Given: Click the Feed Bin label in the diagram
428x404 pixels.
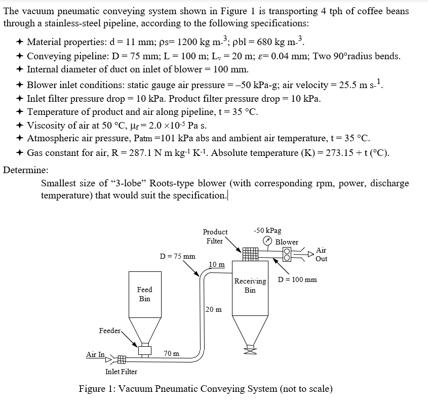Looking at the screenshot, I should coord(144,294).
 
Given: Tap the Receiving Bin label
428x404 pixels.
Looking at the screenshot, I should coord(250,286).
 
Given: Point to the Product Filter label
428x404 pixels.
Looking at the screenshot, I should coord(215,236).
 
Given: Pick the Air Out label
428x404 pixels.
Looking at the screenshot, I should coord(321,254).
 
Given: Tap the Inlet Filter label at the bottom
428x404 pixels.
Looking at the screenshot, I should coord(121,372).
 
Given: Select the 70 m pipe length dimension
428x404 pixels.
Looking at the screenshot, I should coord(171,353).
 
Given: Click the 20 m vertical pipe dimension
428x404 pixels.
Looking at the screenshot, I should coord(214,309).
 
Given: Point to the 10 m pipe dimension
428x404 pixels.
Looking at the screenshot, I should coord(216,264).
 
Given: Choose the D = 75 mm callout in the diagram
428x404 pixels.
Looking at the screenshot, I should coord(177,256).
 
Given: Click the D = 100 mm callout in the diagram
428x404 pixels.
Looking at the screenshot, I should coord(298,279).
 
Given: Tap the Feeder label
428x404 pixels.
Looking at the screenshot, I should coord(109,331).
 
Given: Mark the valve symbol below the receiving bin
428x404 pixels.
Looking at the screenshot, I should coord(249,349).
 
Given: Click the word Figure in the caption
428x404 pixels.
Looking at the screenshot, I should coord(95,389).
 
